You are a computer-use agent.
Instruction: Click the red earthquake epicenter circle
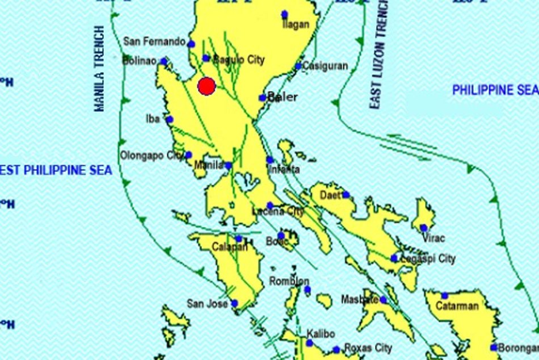[207, 86]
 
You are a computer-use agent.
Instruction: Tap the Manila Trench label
[100, 68]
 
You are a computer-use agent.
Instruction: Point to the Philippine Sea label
[494, 90]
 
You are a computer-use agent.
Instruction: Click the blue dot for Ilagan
[285, 14]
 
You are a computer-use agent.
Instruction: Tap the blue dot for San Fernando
[191, 44]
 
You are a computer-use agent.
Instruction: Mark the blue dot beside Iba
[170, 119]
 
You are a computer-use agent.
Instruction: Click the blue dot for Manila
[228, 166]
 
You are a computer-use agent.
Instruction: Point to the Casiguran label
[325, 66]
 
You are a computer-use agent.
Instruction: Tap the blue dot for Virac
[424, 228]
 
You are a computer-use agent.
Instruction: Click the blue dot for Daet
[346, 195]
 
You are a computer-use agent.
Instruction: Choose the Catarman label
[457, 306]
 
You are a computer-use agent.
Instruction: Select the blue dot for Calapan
[239, 239]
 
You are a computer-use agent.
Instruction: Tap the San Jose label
[208, 304]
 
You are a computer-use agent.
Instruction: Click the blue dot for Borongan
[495, 347]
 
